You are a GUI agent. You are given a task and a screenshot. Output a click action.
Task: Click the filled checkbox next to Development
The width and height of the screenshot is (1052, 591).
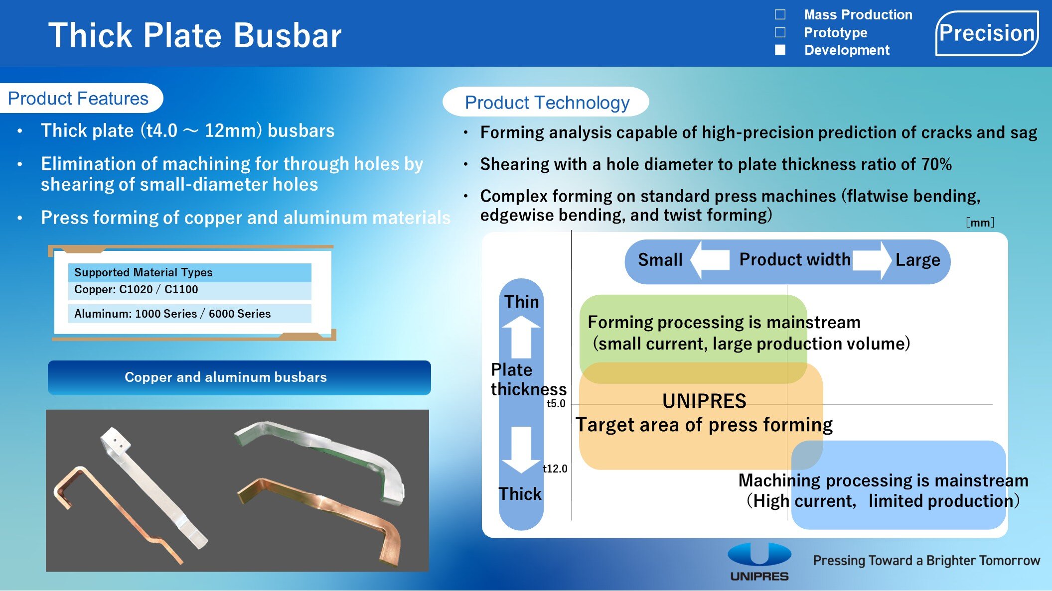pyautogui.click(x=780, y=50)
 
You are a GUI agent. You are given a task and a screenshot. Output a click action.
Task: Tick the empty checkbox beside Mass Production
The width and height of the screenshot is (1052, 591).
pyautogui.click(x=780, y=14)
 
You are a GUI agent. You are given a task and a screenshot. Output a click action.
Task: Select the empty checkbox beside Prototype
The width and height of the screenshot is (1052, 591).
pyautogui.click(x=780, y=32)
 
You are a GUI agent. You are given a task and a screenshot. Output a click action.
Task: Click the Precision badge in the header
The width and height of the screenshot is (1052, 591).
pyautogui.click(x=987, y=33)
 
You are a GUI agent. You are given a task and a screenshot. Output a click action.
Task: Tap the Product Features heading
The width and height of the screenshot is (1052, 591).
pyautogui.click(x=78, y=99)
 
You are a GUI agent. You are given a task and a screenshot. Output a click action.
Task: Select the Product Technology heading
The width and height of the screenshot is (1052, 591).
pyautogui.click(x=547, y=103)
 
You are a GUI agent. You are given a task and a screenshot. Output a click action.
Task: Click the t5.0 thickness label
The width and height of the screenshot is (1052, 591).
pyautogui.click(x=556, y=404)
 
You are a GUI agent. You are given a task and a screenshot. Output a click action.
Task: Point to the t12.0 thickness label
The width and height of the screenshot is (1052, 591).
pyautogui.click(x=555, y=469)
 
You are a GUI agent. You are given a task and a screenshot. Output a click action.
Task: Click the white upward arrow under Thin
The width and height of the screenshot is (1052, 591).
pyautogui.click(x=521, y=337)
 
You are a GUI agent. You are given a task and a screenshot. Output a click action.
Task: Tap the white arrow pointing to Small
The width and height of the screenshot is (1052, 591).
pyautogui.click(x=710, y=259)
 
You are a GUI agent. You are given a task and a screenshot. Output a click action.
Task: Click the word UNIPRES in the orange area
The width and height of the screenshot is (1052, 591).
pyautogui.click(x=704, y=401)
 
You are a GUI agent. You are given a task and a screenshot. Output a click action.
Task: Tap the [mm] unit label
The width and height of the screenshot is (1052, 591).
pyautogui.click(x=980, y=223)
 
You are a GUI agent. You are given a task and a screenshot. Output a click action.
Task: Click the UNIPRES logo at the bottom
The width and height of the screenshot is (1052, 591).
pyautogui.click(x=759, y=562)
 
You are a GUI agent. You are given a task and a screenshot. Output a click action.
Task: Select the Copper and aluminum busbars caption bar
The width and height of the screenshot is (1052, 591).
pyautogui.click(x=239, y=377)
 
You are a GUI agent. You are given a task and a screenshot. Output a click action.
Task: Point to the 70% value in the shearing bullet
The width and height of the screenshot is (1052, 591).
pyautogui.click(x=936, y=164)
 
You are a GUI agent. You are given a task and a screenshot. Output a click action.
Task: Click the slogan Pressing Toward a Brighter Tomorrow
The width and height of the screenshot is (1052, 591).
pyautogui.click(x=926, y=561)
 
